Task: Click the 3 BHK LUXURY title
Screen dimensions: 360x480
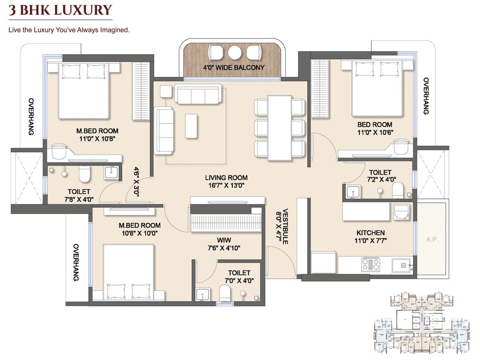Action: click(60, 10)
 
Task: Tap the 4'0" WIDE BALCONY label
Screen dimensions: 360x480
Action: click(234, 68)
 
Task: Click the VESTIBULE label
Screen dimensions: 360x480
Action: click(285, 226)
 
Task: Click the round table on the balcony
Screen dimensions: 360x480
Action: click(234, 52)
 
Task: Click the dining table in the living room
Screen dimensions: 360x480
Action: click(280, 128)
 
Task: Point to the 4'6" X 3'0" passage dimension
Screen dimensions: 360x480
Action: click(136, 181)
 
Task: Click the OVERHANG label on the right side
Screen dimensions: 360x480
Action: click(426, 96)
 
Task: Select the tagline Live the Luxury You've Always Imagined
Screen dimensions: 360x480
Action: click(69, 30)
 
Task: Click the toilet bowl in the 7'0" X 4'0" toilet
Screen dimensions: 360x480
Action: click(225, 293)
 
